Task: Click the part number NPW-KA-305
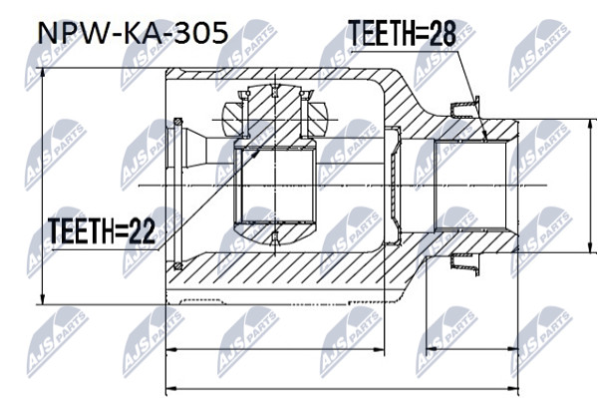pyautogui.click(x=134, y=33)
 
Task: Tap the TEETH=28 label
pyautogui.click(x=403, y=33)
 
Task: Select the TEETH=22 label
pyautogui.click(x=102, y=230)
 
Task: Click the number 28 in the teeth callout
pyautogui.click(x=444, y=33)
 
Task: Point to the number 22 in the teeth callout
pyautogui.click(x=143, y=230)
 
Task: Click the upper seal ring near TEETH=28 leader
pyautogui.click(x=464, y=108)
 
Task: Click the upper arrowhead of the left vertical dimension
pyautogui.click(x=43, y=76)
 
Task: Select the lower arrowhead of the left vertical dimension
pyautogui.click(x=43, y=297)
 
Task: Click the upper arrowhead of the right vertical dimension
pyautogui.click(x=591, y=126)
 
